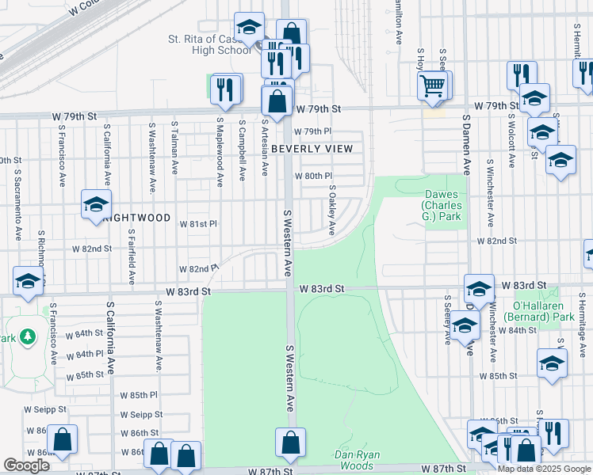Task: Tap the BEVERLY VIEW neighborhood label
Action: (x=311, y=149)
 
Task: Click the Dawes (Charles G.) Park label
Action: (x=442, y=205)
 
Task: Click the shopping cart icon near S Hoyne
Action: (x=432, y=85)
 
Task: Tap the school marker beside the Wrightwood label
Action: (x=96, y=204)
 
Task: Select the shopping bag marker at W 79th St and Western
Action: (x=277, y=101)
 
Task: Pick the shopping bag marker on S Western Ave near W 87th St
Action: (x=291, y=443)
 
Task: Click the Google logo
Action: (x=26, y=465)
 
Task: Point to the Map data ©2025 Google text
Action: (x=543, y=469)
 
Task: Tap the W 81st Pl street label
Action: (x=203, y=224)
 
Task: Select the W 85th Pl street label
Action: (x=140, y=394)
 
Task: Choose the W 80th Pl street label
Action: (x=313, y=176)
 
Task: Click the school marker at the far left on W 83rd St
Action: (x=28, y=281)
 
